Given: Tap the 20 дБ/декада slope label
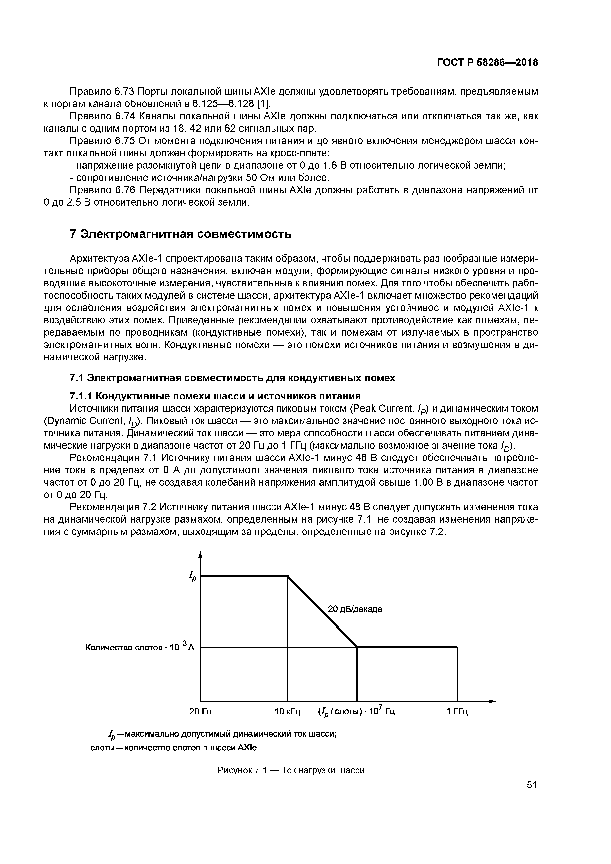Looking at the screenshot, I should click(x=355, y=609).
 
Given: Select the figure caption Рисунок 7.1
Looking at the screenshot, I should click(x=291, y=770).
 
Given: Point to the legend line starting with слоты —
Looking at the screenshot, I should click(x=173, y=747).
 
